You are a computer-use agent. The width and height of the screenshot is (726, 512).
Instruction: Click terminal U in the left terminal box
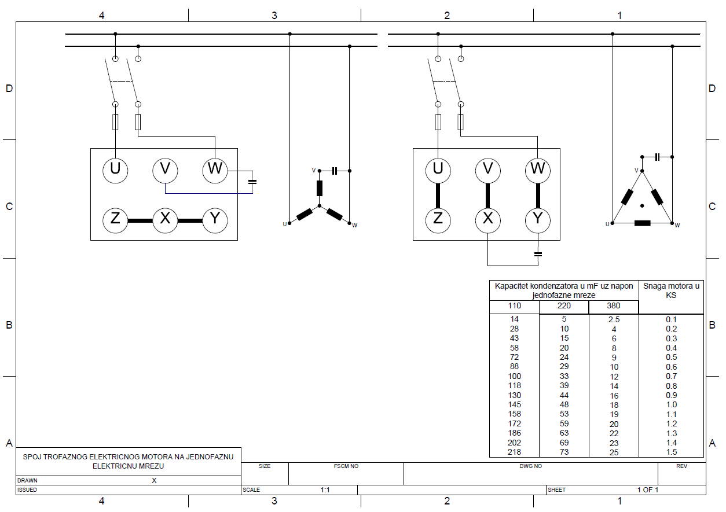115,171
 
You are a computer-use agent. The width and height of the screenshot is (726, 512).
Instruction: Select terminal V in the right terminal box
488,171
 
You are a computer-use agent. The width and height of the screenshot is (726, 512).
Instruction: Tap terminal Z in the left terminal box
115,220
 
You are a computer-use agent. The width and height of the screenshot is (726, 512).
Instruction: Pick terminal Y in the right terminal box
538,220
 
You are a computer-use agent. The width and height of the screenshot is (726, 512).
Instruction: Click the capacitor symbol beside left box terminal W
252,182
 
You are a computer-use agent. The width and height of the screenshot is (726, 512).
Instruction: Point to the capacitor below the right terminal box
538,254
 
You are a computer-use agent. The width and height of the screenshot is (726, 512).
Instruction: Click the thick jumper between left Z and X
140,221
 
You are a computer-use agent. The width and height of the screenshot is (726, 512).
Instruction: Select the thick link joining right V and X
488,196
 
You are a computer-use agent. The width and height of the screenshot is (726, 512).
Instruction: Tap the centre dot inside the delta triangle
642,205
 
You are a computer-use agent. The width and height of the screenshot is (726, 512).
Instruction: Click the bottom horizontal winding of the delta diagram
643,223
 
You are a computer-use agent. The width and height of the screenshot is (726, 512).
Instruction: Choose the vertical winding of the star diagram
319,188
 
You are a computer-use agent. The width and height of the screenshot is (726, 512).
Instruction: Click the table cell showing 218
514,452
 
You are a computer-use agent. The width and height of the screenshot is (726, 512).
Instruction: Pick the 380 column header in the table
613,305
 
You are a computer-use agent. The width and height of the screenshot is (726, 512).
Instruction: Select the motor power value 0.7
671,376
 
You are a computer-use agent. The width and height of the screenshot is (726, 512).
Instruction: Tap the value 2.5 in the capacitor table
614,319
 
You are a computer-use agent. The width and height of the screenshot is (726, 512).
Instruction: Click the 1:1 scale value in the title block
325,490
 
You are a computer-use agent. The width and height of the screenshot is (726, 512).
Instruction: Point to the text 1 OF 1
648,489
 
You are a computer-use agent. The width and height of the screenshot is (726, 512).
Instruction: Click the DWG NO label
530,466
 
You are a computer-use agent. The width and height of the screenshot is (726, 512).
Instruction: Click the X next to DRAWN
154,481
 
